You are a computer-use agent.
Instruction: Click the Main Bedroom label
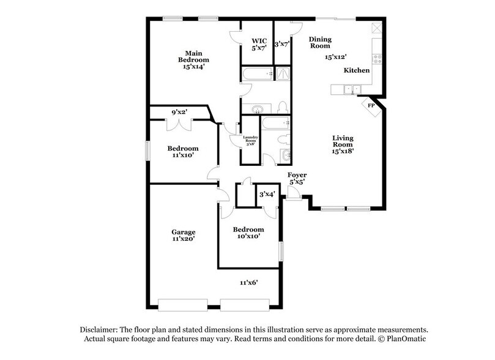(x=193, y=60)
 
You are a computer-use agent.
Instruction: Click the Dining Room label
(x=319, y=42)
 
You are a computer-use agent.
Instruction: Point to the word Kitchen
(x=356, y=71)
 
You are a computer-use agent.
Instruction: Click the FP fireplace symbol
(x=371, y=105)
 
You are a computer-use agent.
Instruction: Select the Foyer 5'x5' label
(x=297, y=179)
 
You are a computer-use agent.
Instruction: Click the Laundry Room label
(x=250, y=140)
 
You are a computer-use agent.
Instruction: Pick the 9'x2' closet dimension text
(x=179, y=113)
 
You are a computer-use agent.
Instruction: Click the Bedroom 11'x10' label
(x=183, y=152)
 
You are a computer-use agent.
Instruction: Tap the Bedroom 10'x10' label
(x=249, y=233)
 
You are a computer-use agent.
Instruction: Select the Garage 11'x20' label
(x=183, y=235)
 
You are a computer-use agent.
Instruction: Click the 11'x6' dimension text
(x=248, y=282)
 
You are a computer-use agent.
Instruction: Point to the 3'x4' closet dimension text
(x=267, y=194)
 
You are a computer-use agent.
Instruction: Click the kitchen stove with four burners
(x=378, y=59)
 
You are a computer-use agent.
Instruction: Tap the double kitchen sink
(x=351, y=89)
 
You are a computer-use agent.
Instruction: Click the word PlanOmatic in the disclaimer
(x=403, y=339)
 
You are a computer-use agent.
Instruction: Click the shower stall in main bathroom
(x=283, y=74)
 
